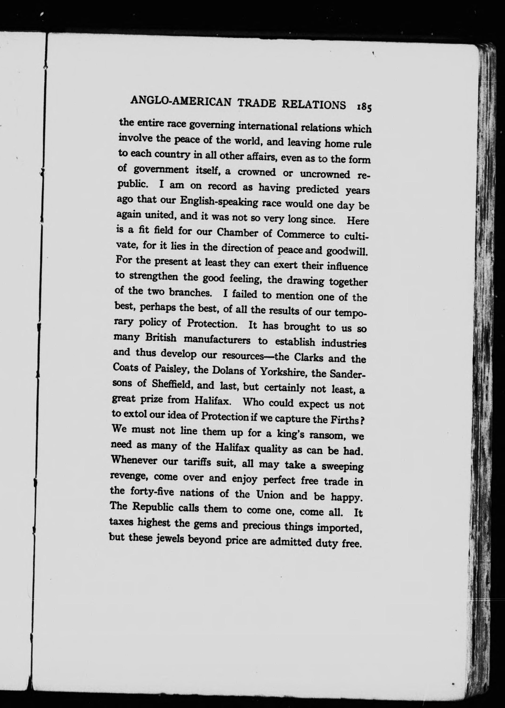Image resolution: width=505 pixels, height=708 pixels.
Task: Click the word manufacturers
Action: pos(217,340)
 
